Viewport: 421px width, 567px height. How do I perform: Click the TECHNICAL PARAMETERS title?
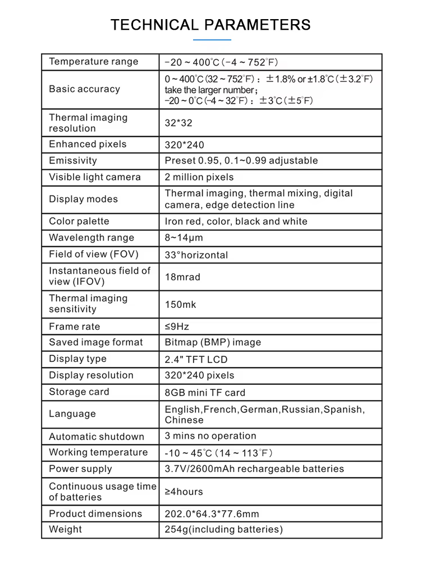click(210, 25)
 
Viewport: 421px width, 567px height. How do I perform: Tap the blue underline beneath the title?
click(212, 40)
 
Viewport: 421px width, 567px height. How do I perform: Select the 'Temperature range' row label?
click(93, 62)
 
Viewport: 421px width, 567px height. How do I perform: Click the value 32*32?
click(179, 123)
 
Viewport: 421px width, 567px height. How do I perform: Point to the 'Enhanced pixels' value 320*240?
click(185, 144)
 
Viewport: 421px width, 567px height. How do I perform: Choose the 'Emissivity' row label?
click(73, 161)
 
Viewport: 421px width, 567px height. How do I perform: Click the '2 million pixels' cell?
click(199, 177)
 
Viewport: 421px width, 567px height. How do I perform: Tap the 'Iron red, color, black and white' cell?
click(236, 221)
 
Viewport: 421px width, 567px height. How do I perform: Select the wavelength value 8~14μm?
click(184, 238)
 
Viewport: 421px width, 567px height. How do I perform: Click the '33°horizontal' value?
click(196, 255)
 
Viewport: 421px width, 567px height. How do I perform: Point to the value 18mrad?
click(182, 276)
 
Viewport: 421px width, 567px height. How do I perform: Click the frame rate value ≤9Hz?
click(177, 326)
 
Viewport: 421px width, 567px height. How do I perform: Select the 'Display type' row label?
click(77, 359)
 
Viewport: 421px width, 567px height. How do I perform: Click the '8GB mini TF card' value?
click(205, 392)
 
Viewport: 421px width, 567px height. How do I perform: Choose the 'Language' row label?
click(72, 414)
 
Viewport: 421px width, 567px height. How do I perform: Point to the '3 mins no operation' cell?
click(210, 436)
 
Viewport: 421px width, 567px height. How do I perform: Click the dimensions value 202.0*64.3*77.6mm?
click(212, 514)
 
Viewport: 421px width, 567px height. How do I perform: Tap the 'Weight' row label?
click(65, 529)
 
